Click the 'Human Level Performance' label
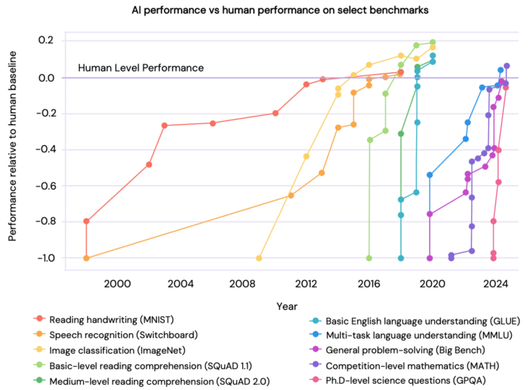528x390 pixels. click(141, 68)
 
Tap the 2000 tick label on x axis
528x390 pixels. click(117, 285)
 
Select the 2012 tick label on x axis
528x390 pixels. click(306, 285)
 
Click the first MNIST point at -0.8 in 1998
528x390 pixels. click(86, 221)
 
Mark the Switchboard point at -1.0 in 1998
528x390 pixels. click(86, 258)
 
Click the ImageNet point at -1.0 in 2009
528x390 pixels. click(259, 258)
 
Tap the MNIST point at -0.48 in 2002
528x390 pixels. click(149, 165)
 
